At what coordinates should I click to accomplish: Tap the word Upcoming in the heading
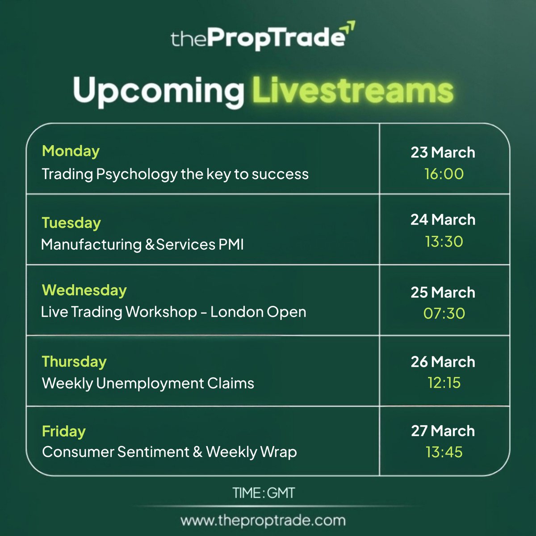coord(158,91)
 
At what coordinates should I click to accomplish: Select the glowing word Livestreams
coord(353,91)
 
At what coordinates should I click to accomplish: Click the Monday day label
coord(71,151)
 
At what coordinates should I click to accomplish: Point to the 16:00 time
coord(444,174)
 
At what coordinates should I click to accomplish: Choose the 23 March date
coord(443,152)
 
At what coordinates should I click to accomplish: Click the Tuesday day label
coord(71,222)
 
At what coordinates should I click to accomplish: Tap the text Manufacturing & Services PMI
coord(142,244)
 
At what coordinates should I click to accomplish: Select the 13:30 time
coord(444,242)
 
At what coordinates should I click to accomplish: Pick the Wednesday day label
coord(84,290)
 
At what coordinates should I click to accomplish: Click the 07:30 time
coord(444,314)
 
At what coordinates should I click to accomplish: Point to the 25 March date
coord(443,292)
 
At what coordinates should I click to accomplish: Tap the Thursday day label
coord(74,361)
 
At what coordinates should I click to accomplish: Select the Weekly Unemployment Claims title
coord(148,383)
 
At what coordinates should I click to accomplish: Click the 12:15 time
coord(444,383)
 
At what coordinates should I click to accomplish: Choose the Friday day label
coord(63,431)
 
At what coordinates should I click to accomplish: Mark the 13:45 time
coord(444,452)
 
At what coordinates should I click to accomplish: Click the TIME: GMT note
coord(264,493)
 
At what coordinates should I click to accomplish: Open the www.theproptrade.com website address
coord(263,520)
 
